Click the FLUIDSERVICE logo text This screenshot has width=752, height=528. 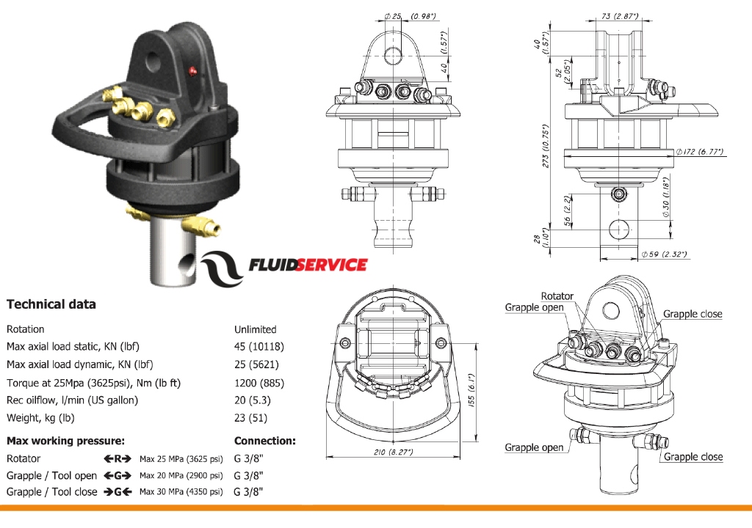coord(308,265)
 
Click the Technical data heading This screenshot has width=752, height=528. coord(51,304)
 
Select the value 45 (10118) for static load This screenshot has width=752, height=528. coord(258,347)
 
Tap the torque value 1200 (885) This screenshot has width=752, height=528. coord(258,383)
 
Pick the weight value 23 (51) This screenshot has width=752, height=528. coord(250,418)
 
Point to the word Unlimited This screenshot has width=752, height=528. coord(255,329)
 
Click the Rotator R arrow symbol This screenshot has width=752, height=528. coord(117,458)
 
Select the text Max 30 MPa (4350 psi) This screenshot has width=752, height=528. coord(181,491)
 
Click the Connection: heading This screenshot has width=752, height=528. coord(264,441)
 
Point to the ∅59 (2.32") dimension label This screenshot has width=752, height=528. coord(663,254)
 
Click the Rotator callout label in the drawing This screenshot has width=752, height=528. coord(557,296)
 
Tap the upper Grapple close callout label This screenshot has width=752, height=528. coord(693,314)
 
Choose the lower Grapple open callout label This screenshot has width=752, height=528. coord(534,447)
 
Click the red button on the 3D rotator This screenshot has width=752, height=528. coord(193,70)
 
